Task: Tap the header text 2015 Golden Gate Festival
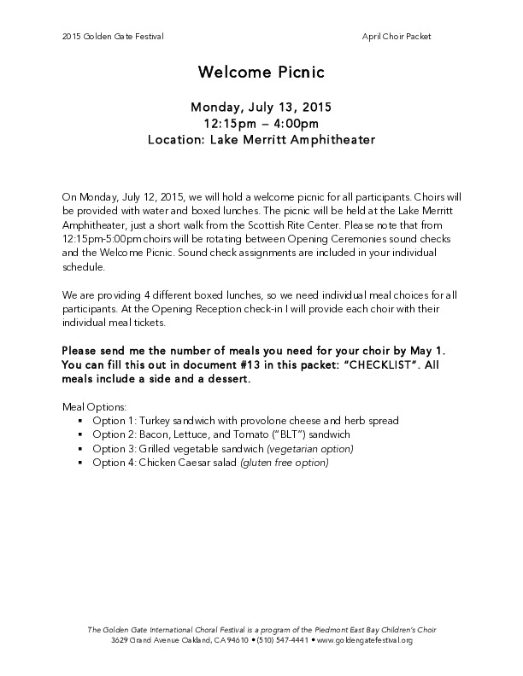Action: coord(102,37)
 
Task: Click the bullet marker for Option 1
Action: coord(79,422)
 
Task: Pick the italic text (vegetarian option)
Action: coord(310,449)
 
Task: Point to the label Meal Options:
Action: coord(95,407)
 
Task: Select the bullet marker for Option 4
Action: coord(79,463)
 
